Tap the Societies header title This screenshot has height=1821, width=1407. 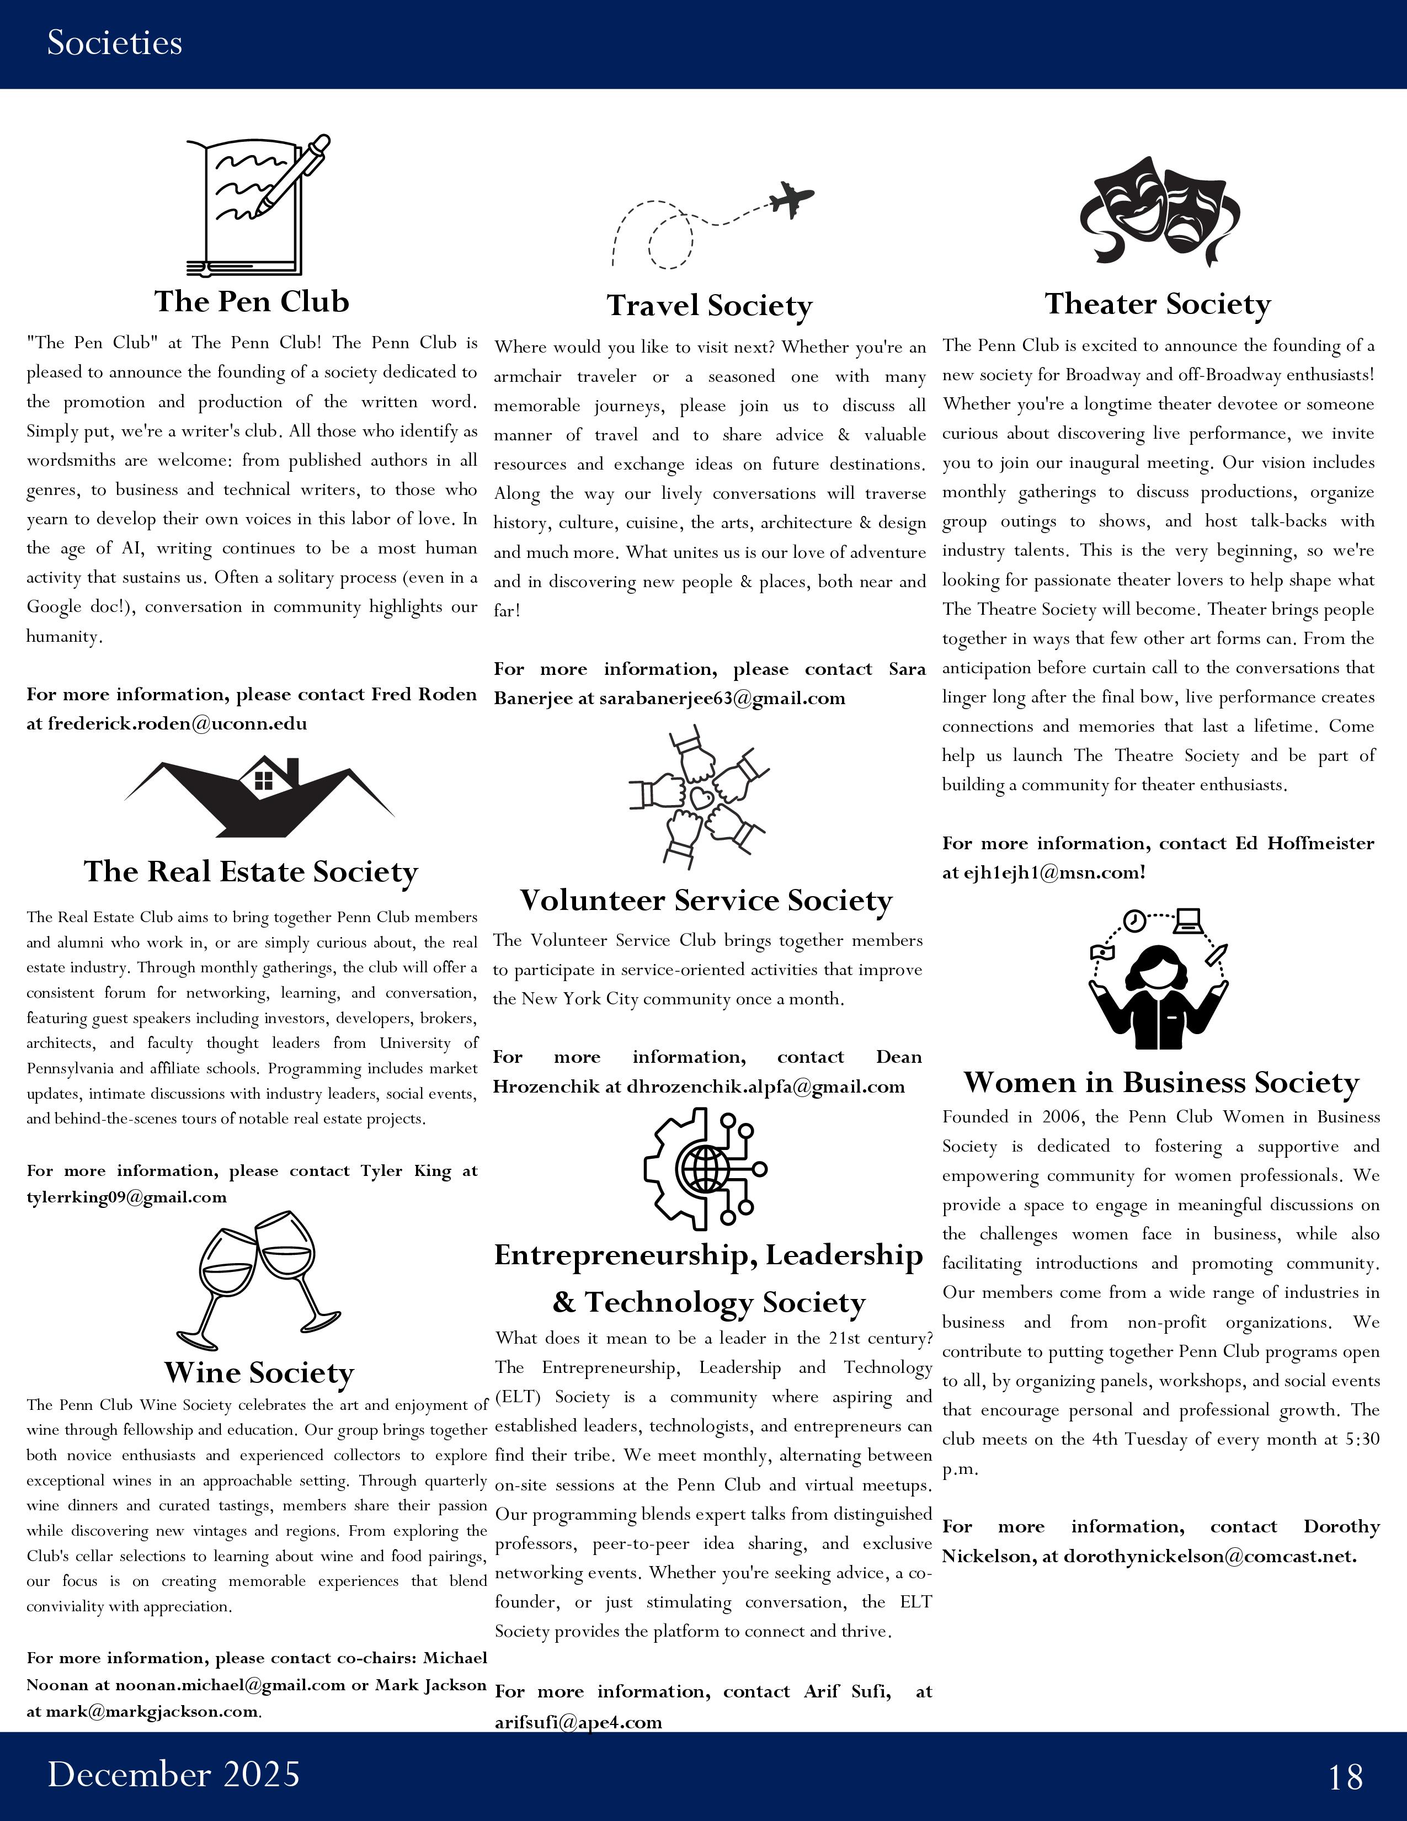pyautogui.click(x=114, y=42)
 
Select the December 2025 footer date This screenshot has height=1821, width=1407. pyautogui.click(x=173, y=1774)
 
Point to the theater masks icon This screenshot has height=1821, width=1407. pyautogui.click(x=1159, y=211)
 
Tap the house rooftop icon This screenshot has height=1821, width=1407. pyautogui.click(x=259, y=796)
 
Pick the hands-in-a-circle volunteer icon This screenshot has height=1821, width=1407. pyautogui.click(x=699, y=796)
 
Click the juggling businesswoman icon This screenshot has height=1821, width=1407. pyautogui.click(x=1159, y=979)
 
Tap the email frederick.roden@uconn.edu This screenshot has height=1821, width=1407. pyautogui.click(x=177, y=724)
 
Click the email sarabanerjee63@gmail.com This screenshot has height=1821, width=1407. pyautogui.click(x=722, y=699)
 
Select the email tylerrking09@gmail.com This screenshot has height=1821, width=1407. pyautogui.click(x=127, y=1197)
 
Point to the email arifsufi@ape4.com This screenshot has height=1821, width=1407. pyautogui.click(x=578, y=1722)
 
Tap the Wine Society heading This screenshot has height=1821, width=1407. pyautogui.click(x=259, y=1372)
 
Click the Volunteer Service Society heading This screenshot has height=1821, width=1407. pyautogui.click(x=706, y=901)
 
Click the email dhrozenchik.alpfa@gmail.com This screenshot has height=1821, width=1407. pyautogui.click(x=765, y=1087)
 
